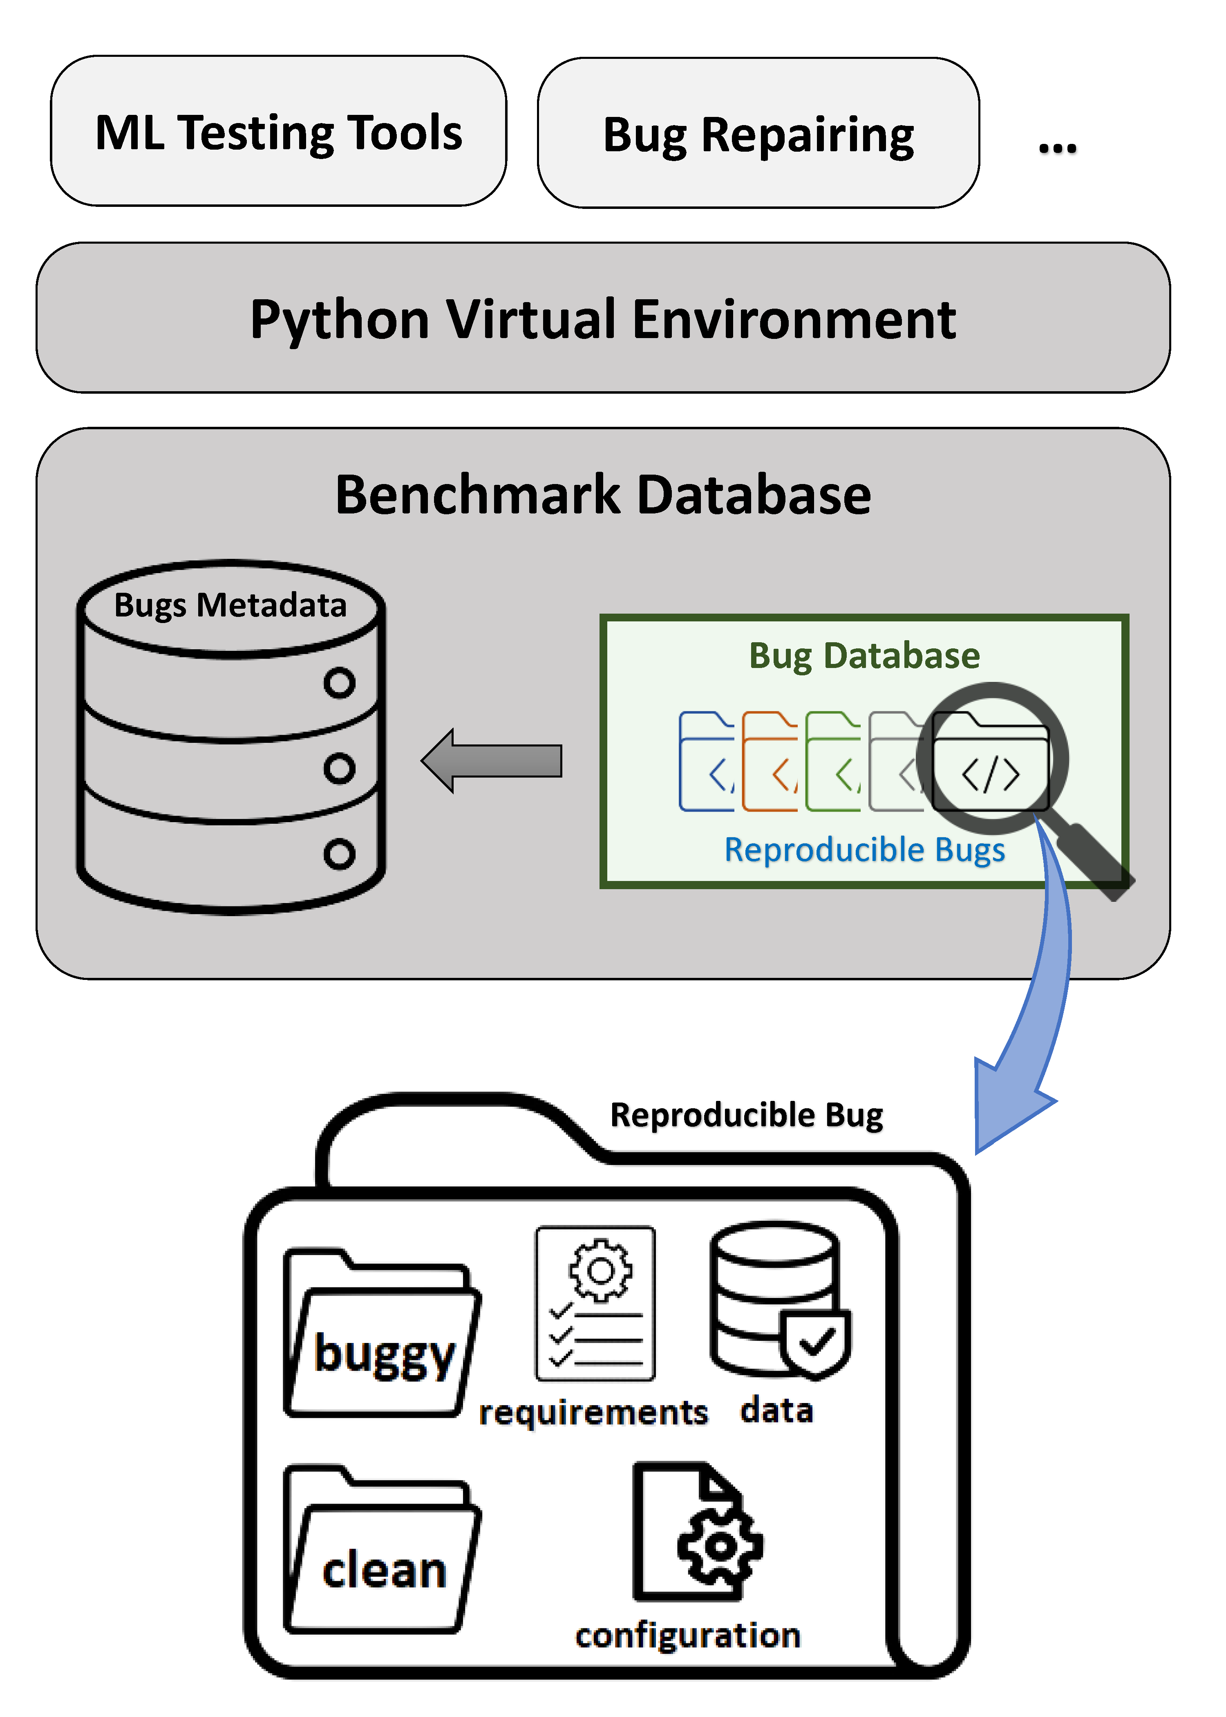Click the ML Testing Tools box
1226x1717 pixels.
point(279,131)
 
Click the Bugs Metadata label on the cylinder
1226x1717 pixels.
point(230,605)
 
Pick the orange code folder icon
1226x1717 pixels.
point(769,761)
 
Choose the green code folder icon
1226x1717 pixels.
point(833,761)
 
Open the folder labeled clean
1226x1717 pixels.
point(383,1552)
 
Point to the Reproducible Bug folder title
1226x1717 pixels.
point(746,1115)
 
